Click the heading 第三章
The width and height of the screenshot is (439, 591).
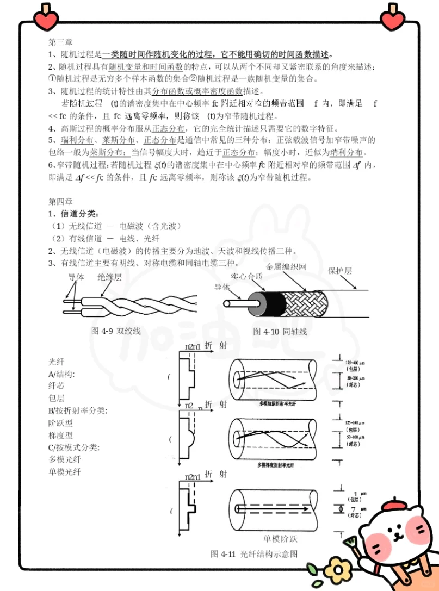click(61, 42)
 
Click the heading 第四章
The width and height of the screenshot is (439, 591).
click(61, 200)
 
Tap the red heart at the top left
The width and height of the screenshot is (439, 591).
click(45, 18)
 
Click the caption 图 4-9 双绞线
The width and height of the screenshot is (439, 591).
click(116, 331)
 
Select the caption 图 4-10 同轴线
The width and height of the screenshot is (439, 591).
click(280, 331)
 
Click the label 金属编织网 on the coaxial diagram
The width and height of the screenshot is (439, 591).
click(286, 267)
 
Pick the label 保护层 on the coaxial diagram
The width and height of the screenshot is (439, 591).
click(340, 271)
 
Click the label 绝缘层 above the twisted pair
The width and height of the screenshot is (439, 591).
click(109, 277)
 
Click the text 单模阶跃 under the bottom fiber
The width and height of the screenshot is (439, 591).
click(281, 539)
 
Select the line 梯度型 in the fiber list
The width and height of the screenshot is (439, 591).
click(61, 435)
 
